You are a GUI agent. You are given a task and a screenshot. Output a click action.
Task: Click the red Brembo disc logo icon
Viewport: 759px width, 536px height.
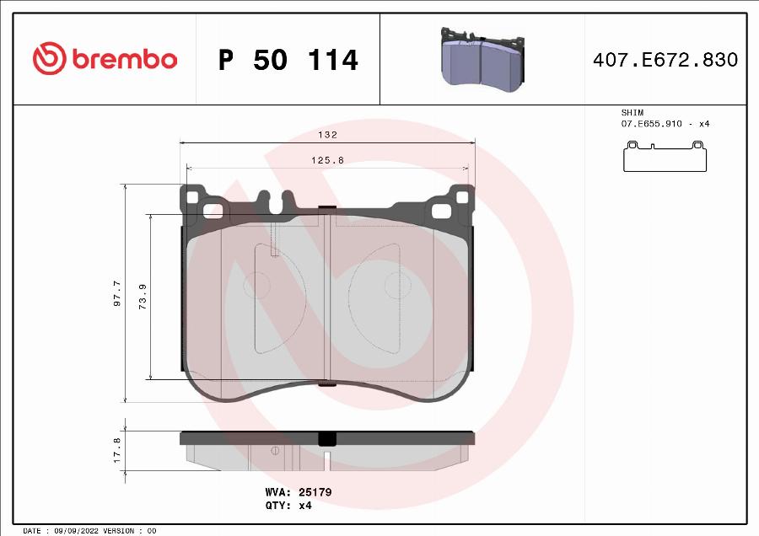(49, 59)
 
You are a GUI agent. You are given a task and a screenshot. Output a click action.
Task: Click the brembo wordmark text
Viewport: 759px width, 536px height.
(124, 60)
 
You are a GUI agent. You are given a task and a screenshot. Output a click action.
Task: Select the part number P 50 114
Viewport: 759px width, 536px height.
(288, 60)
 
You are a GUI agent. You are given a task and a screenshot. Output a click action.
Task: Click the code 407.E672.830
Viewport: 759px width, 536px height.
(665, 60)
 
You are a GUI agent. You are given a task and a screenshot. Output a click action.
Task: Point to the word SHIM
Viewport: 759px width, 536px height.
(632, 112)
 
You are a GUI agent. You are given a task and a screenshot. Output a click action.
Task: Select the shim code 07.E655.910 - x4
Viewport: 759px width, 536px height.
(665, 124)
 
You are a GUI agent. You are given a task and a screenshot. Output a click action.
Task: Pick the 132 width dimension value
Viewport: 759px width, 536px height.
(327, 135)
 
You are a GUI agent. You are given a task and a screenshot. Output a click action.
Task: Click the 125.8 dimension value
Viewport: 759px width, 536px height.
(327, 159)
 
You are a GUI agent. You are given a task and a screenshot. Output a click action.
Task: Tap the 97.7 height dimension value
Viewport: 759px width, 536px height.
(117, 294)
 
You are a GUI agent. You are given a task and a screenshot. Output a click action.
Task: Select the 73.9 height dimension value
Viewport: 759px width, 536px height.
(143, 297)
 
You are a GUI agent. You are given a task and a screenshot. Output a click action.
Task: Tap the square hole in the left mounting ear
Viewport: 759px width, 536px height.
(191, 198)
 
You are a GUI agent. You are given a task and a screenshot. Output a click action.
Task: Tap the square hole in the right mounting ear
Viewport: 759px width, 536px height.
(461, 198)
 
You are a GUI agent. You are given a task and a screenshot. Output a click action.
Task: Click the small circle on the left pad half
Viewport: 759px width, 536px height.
(256, 287)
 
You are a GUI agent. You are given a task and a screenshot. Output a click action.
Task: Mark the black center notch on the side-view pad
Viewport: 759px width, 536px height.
(326, 438)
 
